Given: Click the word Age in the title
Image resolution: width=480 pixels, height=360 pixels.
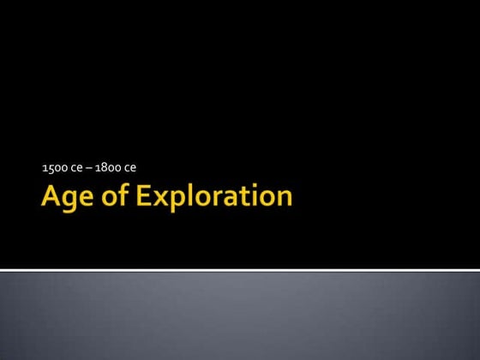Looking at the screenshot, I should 66,198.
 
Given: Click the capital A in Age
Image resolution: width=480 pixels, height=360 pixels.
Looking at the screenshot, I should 51,197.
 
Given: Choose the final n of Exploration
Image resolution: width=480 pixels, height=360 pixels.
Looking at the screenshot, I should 284,200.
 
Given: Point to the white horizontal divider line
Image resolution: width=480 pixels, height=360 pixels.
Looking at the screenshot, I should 240,271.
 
